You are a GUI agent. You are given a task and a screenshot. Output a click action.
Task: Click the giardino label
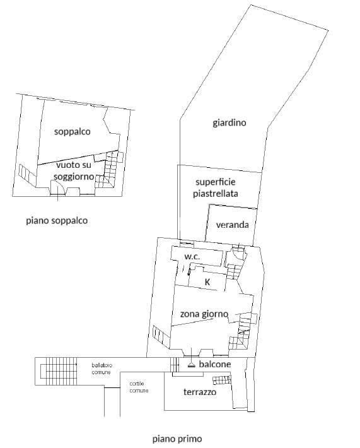coord(229,123)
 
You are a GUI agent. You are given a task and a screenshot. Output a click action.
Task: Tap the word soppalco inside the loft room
coord(73,131)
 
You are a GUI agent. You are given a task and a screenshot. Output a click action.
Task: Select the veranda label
coord(232,225)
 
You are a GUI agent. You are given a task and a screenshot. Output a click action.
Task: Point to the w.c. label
coord(192,256)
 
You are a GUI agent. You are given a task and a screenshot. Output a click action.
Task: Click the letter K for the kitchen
coord(207,282)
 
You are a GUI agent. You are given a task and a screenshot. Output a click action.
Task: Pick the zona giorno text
coord(204,314)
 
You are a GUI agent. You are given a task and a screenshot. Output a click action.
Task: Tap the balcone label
coord(215,364)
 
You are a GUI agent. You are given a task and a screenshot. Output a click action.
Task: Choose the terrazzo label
coord(200,392)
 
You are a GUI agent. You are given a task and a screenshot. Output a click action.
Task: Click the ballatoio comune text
coord(102,368)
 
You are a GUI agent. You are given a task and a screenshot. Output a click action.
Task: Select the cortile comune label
coord(139,387)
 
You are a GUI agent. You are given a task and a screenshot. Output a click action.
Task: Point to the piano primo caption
coord(177,439)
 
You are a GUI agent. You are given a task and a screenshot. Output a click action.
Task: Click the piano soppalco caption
coord(57,221)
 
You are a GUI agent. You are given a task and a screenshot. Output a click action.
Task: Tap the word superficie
coord(215,182)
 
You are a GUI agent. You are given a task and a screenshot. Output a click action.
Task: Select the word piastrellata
coord(215,194)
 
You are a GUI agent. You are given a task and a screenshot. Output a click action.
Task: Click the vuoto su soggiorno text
coord(74,170)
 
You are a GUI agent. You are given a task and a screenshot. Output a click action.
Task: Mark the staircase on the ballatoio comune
coord(59,371)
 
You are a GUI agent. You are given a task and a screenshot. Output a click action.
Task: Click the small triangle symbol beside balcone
coord(191,365)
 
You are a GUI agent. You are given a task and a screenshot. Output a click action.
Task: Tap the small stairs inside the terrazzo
coord(221,380)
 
